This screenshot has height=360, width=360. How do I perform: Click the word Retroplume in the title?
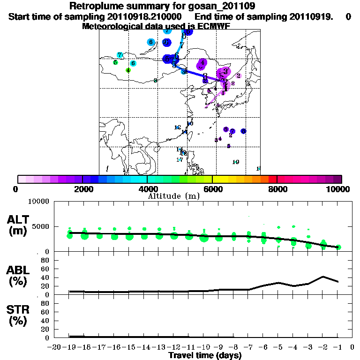click(96, 6)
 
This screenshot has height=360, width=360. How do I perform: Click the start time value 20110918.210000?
click(149, 16)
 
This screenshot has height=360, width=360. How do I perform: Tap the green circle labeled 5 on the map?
click(115, 62)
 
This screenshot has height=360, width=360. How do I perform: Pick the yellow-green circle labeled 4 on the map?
click(127, 70)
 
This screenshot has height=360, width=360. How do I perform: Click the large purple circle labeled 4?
click(202, 63)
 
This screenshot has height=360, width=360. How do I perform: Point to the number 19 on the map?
click(236, 162)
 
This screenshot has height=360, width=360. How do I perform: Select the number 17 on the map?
click(180, 160)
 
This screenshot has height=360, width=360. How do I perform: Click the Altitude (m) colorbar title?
click(173, 196)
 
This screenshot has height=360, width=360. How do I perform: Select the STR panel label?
click(19, 315)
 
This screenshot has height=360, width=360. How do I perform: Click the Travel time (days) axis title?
click(204, 356)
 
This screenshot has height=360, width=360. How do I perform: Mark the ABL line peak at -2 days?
click(323, 277)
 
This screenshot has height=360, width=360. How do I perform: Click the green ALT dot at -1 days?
click(338, 247)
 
